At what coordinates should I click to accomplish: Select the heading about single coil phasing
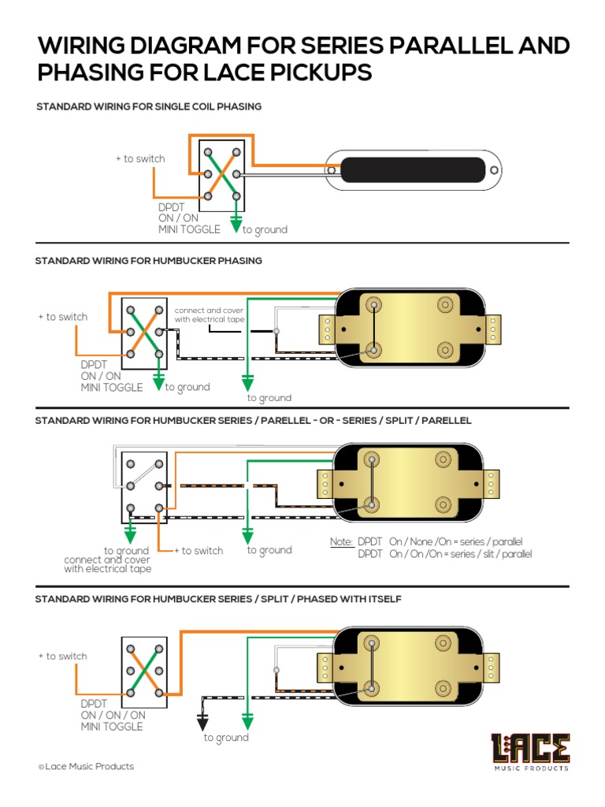(x=149, y=106)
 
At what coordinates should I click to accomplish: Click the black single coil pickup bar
(x=414, y=169)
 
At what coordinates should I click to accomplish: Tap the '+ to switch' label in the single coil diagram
(x=140, y=158)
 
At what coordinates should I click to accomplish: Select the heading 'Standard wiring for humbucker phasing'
(x=149, y=261)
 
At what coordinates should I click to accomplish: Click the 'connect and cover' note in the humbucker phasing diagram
(x=209, y=314)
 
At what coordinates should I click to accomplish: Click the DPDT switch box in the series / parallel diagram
(x=144, y=487)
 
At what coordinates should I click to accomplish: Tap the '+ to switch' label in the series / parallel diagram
(x=198, y=551)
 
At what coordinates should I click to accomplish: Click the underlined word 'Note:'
(x=341, y=542)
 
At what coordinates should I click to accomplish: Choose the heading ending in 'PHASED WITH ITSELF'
(x=218, y=599)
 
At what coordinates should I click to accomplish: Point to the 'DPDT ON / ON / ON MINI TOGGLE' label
(x=113, y=715)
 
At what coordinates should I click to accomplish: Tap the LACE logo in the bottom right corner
(x=530, y=752)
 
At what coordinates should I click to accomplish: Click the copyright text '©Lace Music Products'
(x=86, y=766)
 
